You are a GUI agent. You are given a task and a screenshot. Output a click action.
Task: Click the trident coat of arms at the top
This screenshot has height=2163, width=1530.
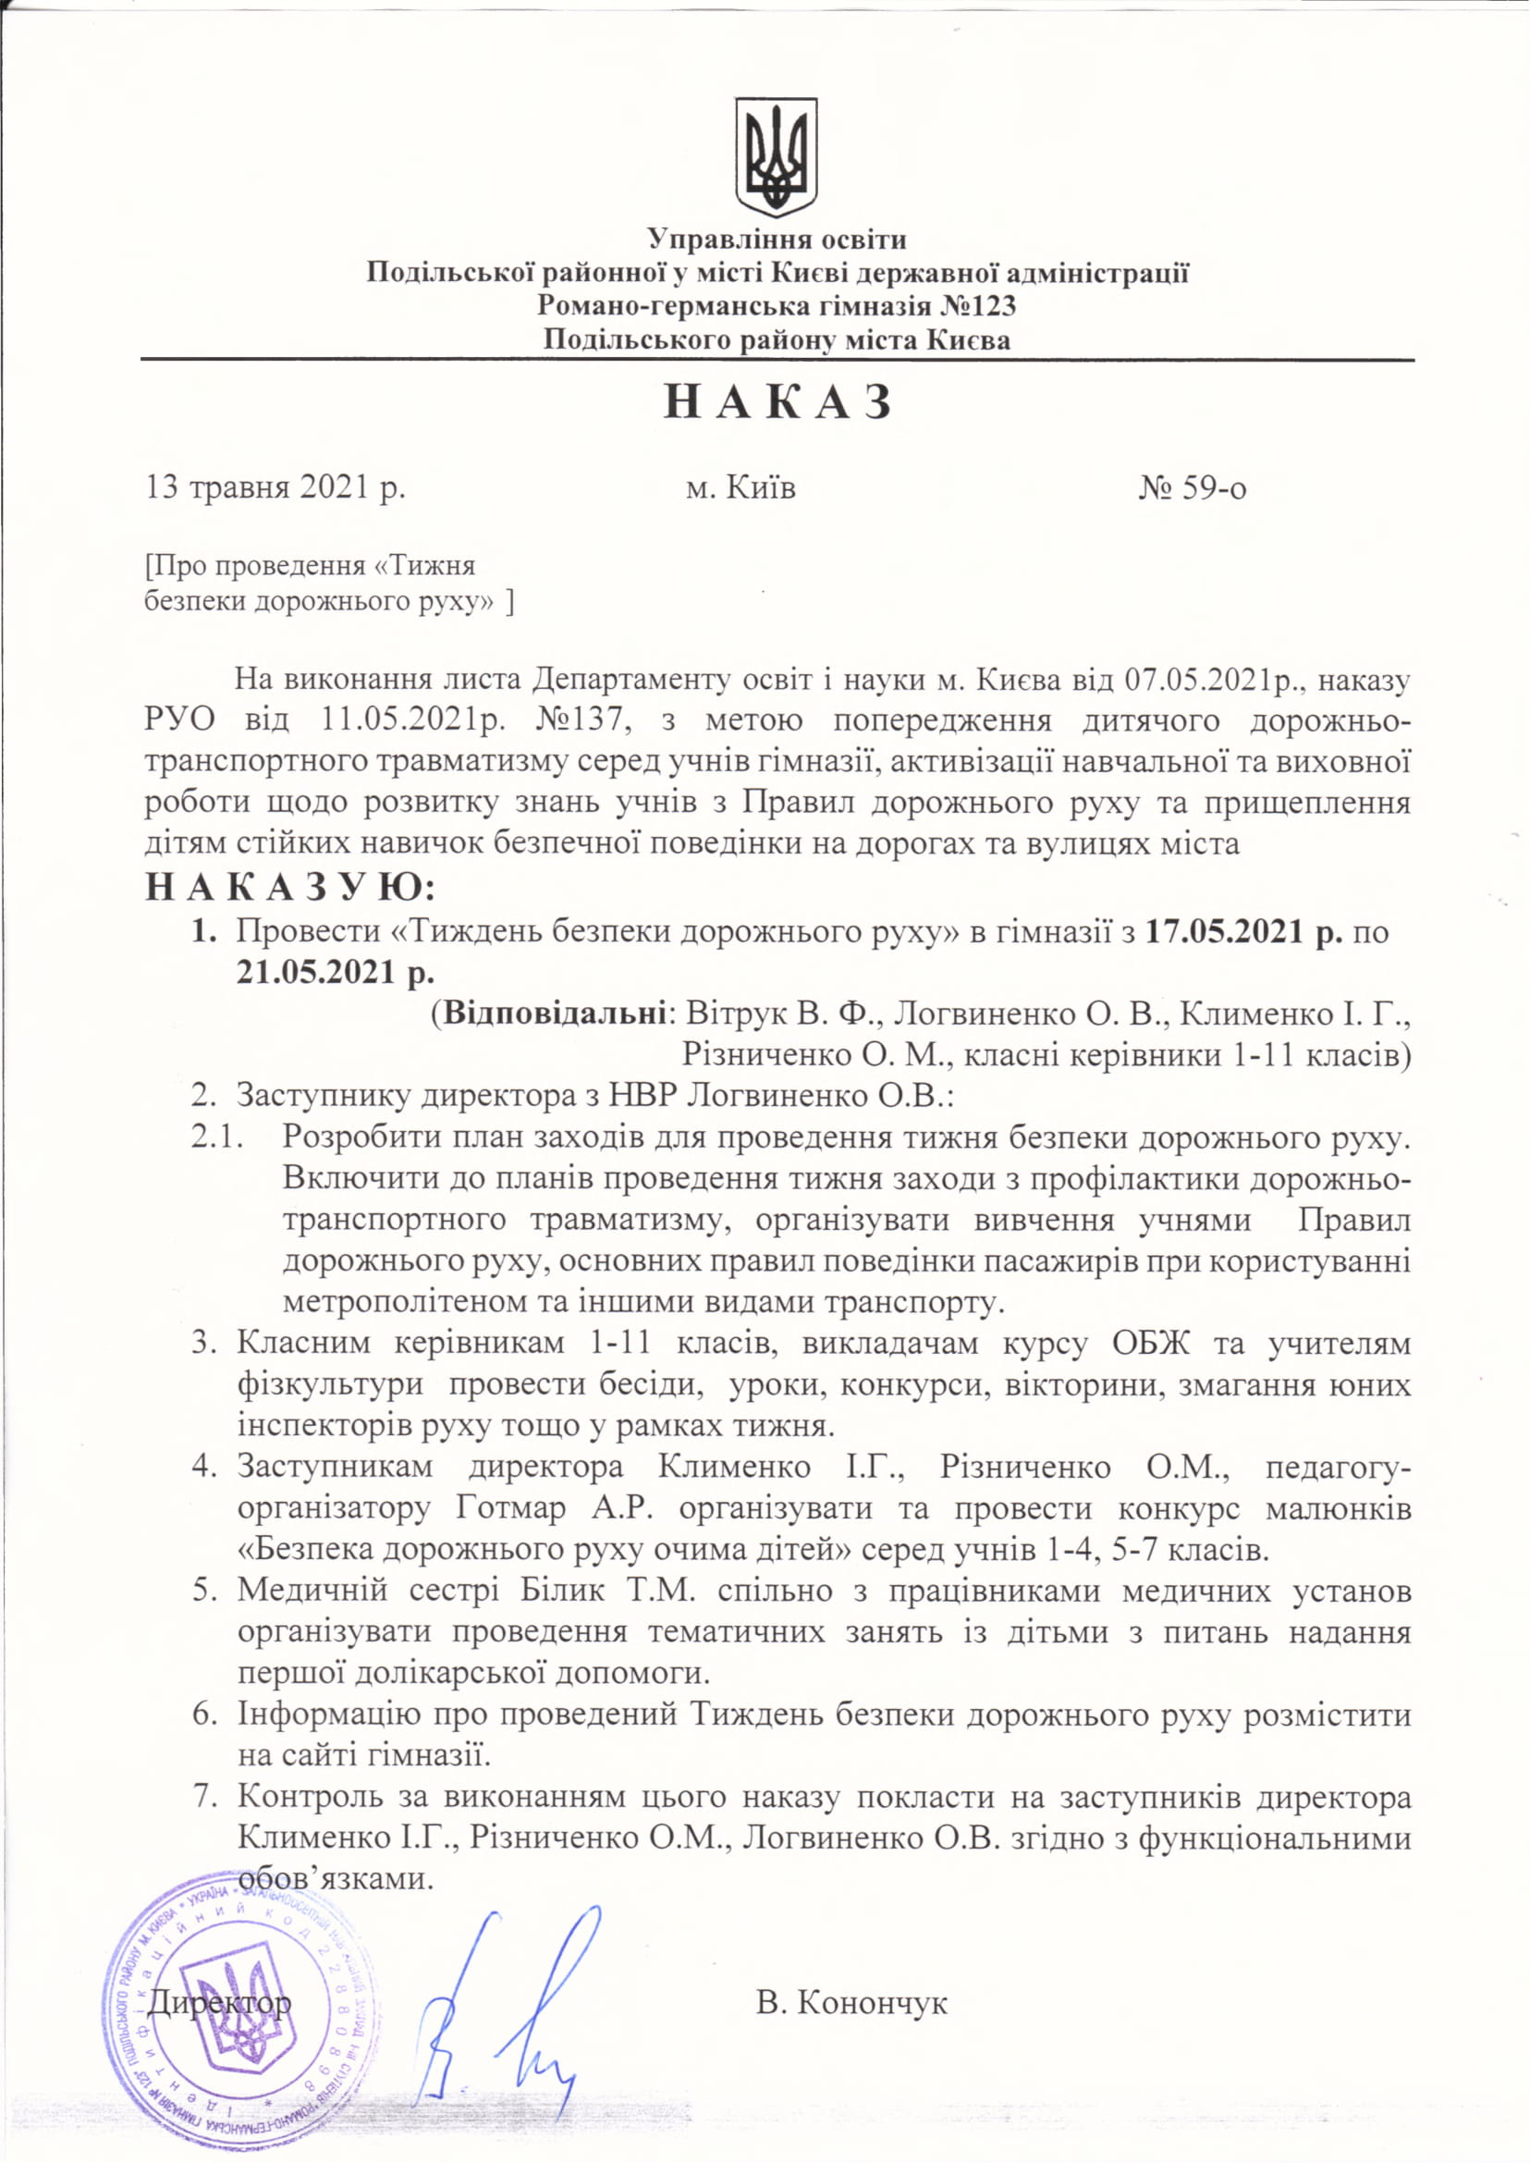pyautogui.click(x=776, y=155)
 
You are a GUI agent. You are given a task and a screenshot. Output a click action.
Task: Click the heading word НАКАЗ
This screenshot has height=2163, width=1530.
pyautogui.click(x=777, y=403)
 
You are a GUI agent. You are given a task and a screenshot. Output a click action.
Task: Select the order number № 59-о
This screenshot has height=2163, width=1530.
pyautogui.click(x=1192, y=488)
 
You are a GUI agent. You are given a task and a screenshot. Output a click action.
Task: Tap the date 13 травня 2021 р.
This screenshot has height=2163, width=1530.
pyautogui.click(x=275, y=488)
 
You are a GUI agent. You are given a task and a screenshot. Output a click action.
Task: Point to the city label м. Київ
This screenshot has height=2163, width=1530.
pyautogui.click(x=741, y=488)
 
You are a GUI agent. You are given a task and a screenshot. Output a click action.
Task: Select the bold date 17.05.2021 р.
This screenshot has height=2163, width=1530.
pyautogui.click(x=1243, y=931)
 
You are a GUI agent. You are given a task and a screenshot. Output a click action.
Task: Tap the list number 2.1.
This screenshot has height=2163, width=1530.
pyautogui.click(x=218, y=1137)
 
